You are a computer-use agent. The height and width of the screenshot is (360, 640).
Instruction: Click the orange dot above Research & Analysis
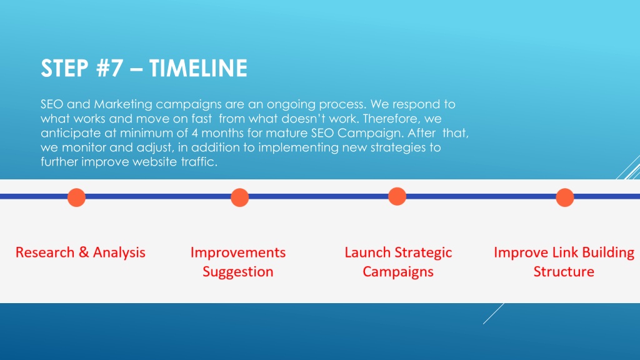(x=76, y=197)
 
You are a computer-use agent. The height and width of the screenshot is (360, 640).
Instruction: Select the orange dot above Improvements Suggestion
(x=239, y=197)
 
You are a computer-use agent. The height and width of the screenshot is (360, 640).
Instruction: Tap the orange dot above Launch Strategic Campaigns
(x=397, y=196)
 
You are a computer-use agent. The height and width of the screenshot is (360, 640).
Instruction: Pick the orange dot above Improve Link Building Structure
(x=565, y=197)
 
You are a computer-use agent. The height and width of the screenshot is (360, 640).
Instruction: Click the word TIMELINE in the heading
(x=198, y=67)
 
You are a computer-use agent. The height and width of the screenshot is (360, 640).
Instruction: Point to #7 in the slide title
(x=109, y=67)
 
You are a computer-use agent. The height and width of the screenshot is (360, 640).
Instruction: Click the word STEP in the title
(x=64, y=67)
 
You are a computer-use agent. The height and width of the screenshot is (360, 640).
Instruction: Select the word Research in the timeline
(x=45, y=252)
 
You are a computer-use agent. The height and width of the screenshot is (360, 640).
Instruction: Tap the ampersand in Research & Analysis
(x=84, y=252)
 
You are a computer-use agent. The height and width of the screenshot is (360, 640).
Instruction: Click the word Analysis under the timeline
(x=119, y=252)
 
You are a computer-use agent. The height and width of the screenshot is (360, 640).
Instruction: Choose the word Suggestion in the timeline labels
(x=238, y=272)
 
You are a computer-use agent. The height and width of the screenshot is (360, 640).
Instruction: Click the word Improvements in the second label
(x=238, y=252)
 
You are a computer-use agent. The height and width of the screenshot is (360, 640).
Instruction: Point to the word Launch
(x=367, y=252)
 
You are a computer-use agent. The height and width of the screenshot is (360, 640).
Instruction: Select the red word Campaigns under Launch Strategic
(x=398, y=272)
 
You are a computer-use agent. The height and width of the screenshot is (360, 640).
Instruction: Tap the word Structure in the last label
(x=564, y=271)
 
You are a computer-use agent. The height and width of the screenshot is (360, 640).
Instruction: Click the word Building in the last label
(x=608, y=252)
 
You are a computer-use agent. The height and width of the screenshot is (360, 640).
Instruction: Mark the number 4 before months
(x=195, y=133)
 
